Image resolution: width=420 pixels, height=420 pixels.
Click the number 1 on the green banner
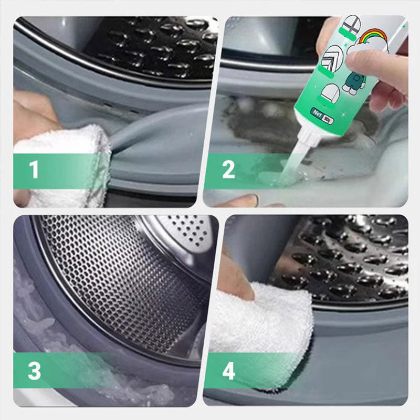click(34, 170)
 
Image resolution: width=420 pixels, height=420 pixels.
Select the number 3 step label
click(34, 371)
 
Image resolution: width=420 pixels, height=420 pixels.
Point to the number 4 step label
click(228, 371)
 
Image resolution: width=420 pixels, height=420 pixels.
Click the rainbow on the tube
click(374, 38)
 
